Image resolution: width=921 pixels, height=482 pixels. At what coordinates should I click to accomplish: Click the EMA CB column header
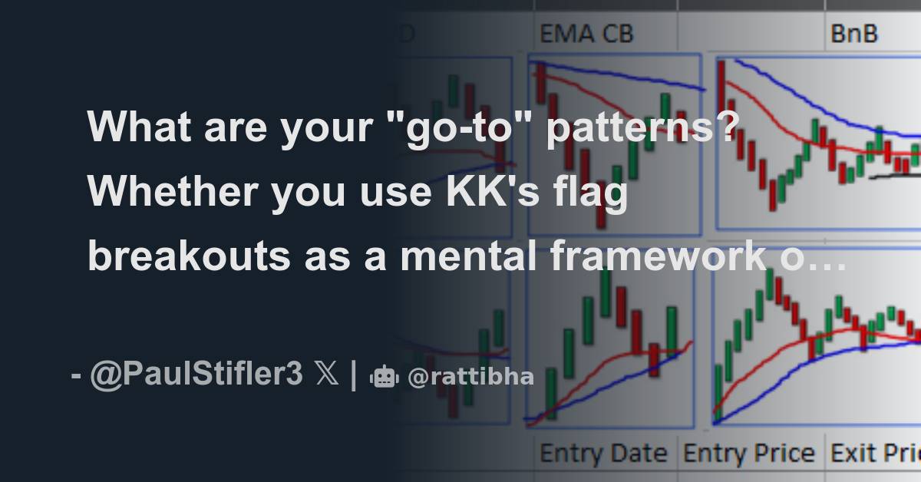[x=587, y=34]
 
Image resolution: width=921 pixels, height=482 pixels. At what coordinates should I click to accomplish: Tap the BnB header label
[x=853, y=34]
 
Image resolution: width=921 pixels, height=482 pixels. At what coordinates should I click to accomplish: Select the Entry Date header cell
[x=603, y=453]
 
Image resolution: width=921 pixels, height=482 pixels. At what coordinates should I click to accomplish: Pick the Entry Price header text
[x=749, y=453]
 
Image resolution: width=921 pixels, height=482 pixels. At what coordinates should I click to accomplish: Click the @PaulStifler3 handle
[x=196, y=376]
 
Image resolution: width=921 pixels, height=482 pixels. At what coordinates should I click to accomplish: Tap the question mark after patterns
[x=728, y=127]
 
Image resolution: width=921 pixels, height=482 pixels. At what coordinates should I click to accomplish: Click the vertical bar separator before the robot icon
[x=352, y=376]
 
